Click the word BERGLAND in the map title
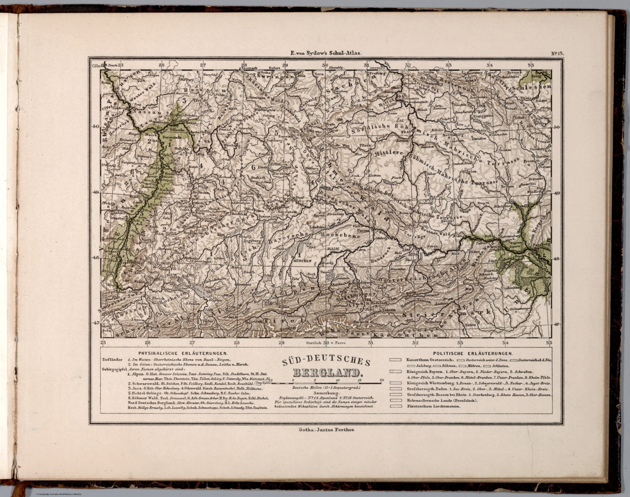327,373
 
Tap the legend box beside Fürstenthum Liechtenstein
395,406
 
